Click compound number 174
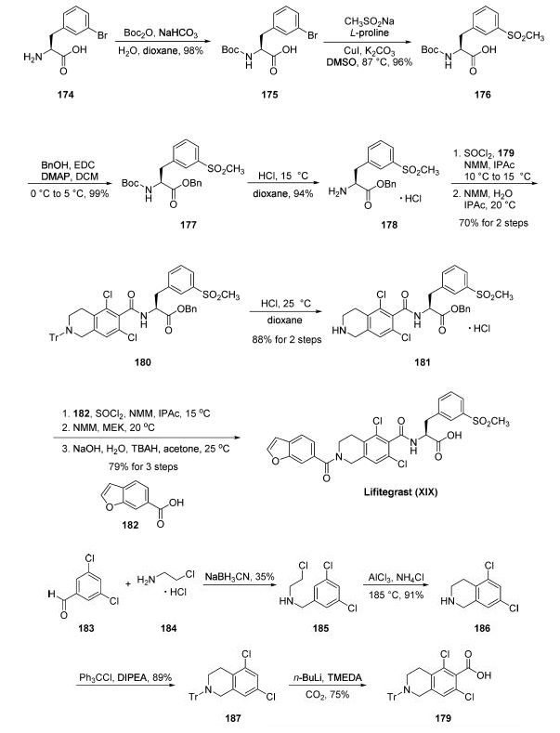(66, 95)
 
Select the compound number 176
(482, 95)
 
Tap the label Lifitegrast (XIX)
(400, 491)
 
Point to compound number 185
(320, 628)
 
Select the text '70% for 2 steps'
(493, 223)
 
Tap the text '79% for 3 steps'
(144, 466)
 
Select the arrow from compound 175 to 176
(369, 43)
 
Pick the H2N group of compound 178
(336, 191)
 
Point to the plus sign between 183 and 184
(128, 583)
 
